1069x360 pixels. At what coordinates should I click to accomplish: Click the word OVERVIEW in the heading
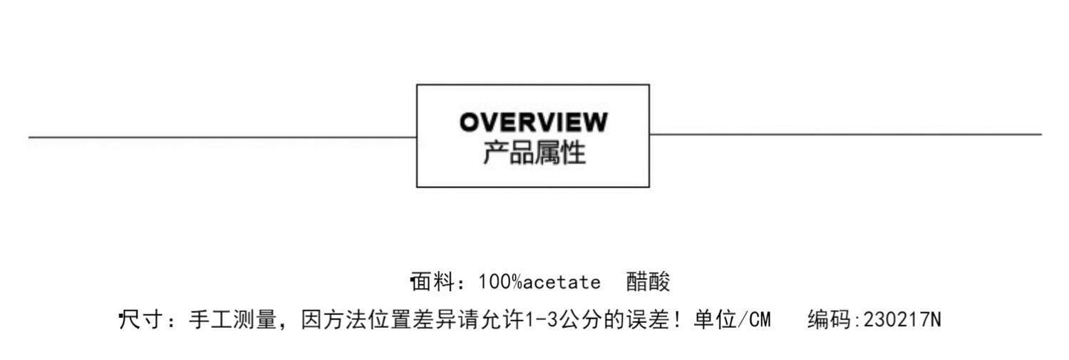533,123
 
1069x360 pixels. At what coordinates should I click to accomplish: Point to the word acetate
562,282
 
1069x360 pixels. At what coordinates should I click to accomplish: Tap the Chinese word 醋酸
649,282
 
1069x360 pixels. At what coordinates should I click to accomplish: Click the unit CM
760,320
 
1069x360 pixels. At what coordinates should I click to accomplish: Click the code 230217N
902,320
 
